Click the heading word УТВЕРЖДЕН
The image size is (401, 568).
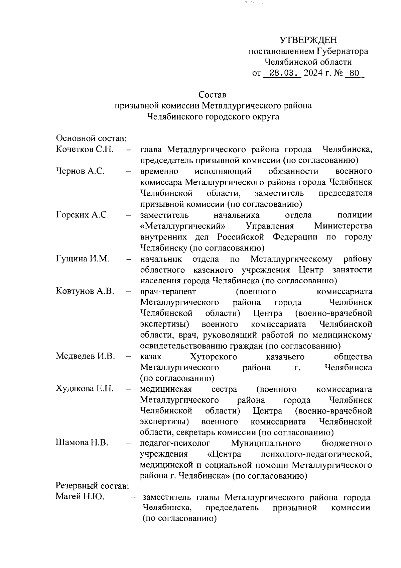coord(308,40)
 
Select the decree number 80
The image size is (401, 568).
coord(354,73)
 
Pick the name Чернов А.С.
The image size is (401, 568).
coord(80,171)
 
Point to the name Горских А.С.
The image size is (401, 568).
coord(82,215)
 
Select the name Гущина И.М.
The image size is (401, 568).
coord(83,259)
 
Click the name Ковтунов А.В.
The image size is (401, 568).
coord(85,291)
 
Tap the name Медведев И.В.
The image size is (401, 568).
coord(85,356)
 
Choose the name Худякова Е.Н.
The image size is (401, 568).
coord(85,389)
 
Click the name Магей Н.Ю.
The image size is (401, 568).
coord(80,497)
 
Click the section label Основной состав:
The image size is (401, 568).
coord(91,138)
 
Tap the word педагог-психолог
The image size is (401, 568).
coord(175,443)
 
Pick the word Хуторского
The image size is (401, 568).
coord(213,357)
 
